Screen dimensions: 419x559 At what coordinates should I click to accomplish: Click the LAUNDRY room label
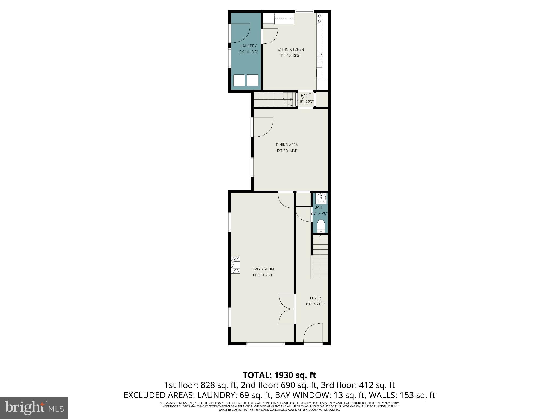[248, 46]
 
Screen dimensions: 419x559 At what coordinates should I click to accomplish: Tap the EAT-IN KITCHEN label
[290, 49]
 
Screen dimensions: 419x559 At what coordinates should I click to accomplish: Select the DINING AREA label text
[287, 145]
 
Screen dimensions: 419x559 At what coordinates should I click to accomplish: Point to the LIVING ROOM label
[263, 269]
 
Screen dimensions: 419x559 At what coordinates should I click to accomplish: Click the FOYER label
[315, 298]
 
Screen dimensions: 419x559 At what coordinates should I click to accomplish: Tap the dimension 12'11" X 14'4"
[287, 151]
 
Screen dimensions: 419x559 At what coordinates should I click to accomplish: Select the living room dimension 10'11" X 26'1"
[263, 275]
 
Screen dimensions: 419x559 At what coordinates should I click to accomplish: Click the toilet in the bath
[321, 226]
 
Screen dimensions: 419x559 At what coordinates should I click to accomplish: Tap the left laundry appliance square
[239, 80]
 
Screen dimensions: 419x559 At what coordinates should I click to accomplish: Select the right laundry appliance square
[252, 80]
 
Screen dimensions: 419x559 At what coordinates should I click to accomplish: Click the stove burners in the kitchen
[319, 19]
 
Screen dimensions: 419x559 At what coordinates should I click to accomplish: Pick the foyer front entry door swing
[314, 333]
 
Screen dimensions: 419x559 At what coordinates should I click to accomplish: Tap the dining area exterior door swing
[263, 127]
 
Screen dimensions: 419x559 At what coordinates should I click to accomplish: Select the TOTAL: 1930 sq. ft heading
[279, 375]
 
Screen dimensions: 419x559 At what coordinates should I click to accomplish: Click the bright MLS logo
[34, 408]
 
